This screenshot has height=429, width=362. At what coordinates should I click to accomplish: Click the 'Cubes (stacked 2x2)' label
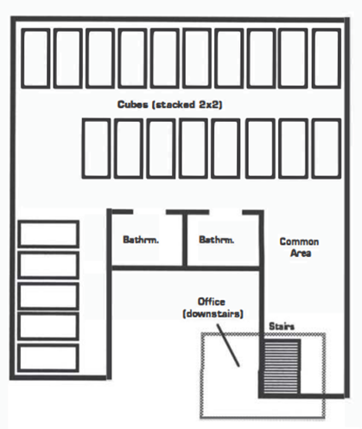click(x=169, y=105)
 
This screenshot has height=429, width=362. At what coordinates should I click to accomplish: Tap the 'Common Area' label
click(x=299, y=247)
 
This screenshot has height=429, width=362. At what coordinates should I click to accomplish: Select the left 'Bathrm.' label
click(x=141, y=240)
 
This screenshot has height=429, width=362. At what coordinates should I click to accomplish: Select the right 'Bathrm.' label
click(x=217, y=240)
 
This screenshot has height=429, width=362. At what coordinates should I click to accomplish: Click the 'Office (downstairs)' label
click(x=213, y=308)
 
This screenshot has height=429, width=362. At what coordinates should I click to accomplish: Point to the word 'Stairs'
click(x=282, y=326)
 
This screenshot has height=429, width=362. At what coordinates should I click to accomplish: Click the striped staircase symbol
click(x=281, y=367)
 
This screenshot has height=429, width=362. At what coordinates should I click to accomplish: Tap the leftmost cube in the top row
click(x=35, y=58)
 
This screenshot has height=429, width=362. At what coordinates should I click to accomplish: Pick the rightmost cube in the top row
click(x=327, y=58)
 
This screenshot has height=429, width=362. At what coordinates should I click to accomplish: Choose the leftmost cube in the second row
click(x=96, y=148)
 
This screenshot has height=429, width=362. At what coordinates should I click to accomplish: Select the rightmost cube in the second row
click(x=327, y=148)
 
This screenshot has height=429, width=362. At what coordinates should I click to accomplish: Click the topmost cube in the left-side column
click(x=48, y=234)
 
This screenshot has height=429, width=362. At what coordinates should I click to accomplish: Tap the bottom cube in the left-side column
click(x=48, y=357)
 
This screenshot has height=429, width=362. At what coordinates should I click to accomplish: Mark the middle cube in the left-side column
click(x=48, y=296)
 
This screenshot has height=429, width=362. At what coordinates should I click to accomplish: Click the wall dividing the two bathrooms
click(x=185, y=240)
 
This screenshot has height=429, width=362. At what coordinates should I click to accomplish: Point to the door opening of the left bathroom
click(x=149, y=212)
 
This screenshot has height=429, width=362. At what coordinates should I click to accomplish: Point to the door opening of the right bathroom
click(x=225, y=212)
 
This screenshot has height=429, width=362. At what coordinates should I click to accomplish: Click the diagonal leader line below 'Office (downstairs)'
click(x=228, y=345)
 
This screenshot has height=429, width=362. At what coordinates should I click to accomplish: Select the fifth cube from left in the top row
click(x=165, y=58)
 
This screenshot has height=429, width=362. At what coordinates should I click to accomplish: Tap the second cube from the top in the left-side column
click(x=48, y=265)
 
